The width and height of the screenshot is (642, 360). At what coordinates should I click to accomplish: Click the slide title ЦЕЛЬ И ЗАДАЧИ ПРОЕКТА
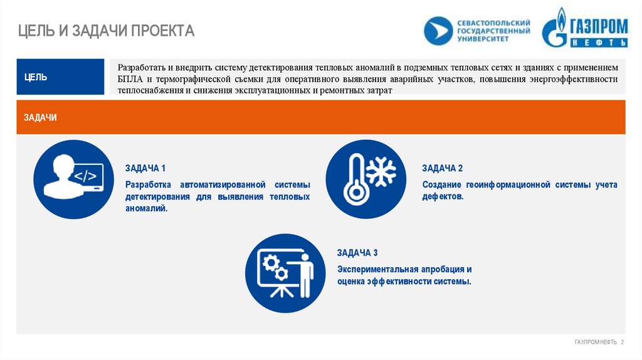click(105, 30)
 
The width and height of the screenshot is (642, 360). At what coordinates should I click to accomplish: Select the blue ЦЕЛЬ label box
click(60, 77)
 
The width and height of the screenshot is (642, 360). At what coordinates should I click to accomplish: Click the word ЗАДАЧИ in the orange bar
click(41, 117)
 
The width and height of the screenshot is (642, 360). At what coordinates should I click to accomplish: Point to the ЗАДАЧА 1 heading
click(145, 168)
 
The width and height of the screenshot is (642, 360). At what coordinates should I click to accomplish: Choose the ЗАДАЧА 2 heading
click(442, 168)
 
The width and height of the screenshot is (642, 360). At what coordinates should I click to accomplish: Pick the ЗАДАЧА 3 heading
click(357, 253)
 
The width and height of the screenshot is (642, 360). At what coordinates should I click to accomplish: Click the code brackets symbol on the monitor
click(85, 176)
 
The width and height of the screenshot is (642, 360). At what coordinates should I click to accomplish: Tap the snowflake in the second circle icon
click(381, 170)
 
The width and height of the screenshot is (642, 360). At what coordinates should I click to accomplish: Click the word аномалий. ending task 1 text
click(147, 208)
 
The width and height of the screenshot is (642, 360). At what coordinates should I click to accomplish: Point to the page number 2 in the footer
click(622, 342)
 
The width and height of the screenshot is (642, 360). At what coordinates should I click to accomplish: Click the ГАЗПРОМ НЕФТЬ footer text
click(596, 342)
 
